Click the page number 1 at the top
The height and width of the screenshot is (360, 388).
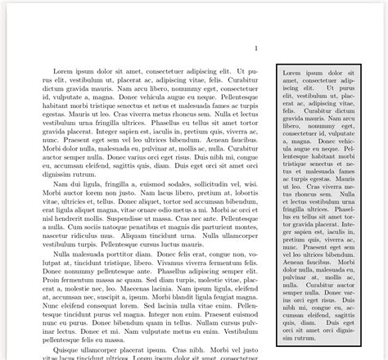[257, 47]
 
